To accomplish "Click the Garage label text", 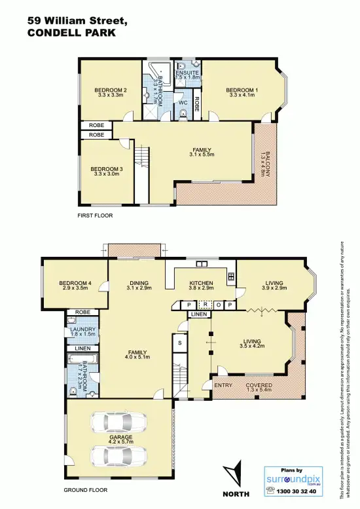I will tap(121, 437).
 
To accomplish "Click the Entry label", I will tap(223, 385).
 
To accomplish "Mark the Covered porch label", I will tap(259, 385).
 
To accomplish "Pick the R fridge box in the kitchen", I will tap(205, 305).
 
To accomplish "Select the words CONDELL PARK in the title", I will tap(71, 31).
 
